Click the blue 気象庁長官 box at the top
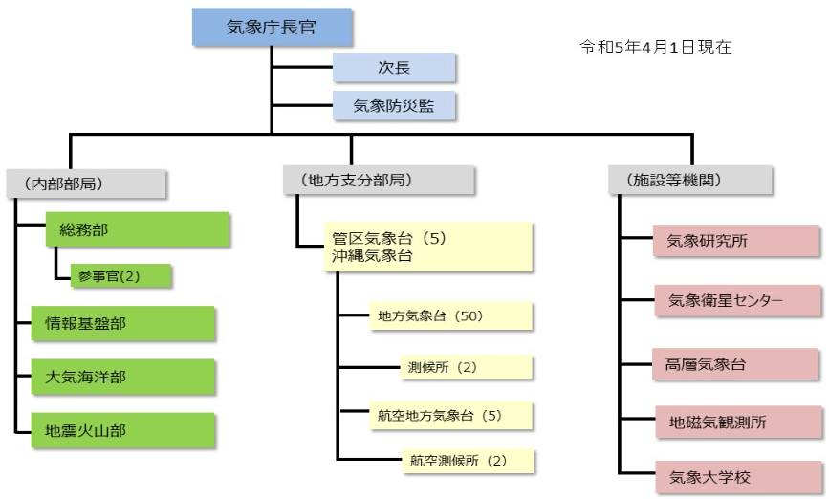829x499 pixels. pos(272,27)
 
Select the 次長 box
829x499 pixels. pos(393,67)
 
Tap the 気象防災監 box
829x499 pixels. pos(393,106)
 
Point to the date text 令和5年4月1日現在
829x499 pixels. pos(655,46)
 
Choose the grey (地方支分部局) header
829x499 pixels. pos(379,180)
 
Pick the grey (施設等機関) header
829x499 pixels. pos(690,180)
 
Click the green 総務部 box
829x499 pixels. pos(138,229)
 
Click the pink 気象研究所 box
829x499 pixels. pos(736,241)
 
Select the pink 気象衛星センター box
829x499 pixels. pos(736,301)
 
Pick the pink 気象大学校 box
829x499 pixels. pos(736,475)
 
